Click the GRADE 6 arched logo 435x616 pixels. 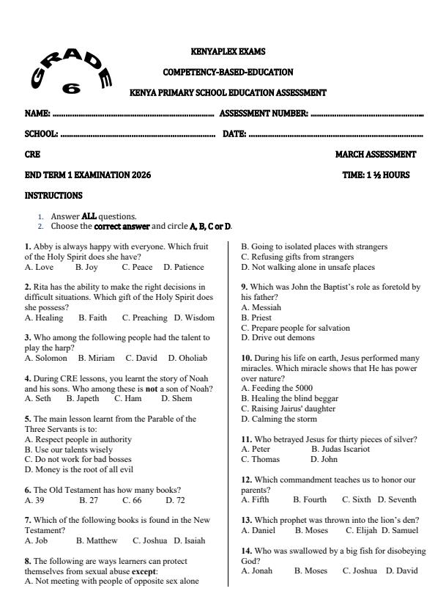click(x=70, y=74)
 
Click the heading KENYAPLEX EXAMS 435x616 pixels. click(x=227, y=51)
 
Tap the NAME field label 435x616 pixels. click(x=37, y=114)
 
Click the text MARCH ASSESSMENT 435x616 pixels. click(x=375, y=155)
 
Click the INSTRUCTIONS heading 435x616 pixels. click(x=53, y=196)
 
